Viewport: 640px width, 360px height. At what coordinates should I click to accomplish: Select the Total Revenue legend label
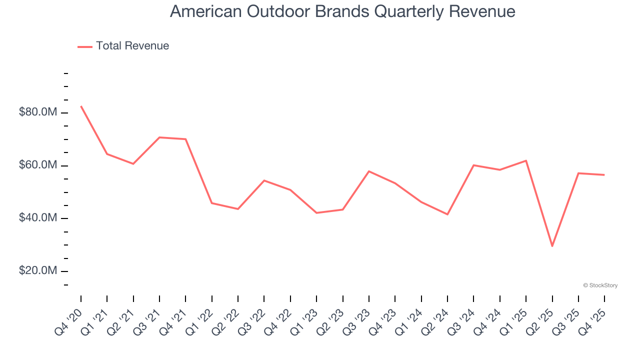click(132, 46)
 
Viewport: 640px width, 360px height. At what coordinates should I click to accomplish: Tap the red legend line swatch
click(85, 46)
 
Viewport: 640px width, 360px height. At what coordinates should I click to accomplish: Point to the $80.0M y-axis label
click(38, 112)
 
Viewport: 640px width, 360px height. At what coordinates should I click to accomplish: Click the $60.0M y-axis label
click(38, 165)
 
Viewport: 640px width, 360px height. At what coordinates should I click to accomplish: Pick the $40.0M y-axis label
click(38, 218)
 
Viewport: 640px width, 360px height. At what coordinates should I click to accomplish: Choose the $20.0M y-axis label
click(38, 271)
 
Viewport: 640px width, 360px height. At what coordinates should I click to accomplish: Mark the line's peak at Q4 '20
click(81, 106)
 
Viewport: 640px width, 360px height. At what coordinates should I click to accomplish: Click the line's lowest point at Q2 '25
click(552, 246)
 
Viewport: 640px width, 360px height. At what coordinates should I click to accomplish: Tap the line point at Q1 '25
click(526, 160)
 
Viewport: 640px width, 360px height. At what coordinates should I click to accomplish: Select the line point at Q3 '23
click(369, 171)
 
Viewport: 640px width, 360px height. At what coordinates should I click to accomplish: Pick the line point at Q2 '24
click(447, 214)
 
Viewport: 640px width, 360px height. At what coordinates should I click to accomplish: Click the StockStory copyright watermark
click(600, 285)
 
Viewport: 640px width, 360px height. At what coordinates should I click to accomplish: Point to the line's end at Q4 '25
click(604, 175)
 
